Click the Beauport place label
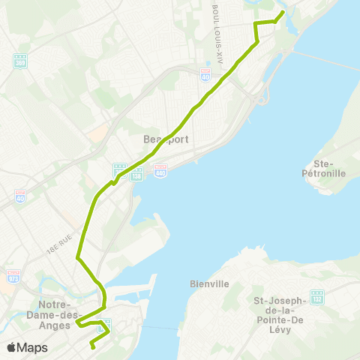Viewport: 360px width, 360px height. point(166,139)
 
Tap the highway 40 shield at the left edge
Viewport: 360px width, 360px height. point(20,196)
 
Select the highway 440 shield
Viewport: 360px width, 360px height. point(160,172)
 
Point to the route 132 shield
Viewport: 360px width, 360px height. point(318,295)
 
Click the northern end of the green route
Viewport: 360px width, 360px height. point(283,13)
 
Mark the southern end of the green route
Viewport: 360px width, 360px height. point(91,346)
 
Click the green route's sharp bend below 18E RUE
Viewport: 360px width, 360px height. point(77,259)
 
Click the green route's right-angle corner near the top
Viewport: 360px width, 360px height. point(256,25)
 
